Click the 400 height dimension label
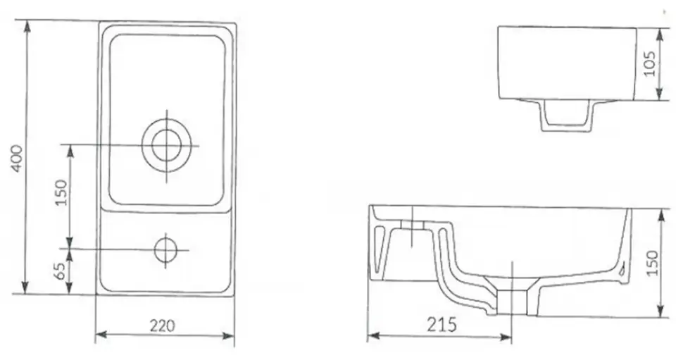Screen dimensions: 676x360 pyautogui.click(x=16, y=159)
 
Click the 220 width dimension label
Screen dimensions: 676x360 pyautogui.click(x=163, y=326)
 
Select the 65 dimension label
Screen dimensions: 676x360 pyautogui.click(x=61, y=271)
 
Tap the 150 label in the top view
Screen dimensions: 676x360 pyautogui.click(x=62, y=192)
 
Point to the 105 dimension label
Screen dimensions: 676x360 pyautogui.click(x=649, y=64)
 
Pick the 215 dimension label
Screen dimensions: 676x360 pyautogui.click(x=442, y=324)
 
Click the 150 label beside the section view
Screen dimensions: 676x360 pyautogui.click(x=652, y=263)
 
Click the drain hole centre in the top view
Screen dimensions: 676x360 pyautogui.click(x=167, y=146)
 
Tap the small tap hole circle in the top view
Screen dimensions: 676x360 pyautogui.click(x=166, y=249)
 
